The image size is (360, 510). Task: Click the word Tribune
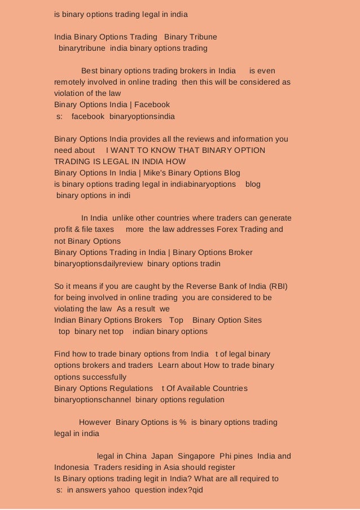202,37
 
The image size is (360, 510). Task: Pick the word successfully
90,377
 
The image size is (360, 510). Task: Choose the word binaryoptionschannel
93,399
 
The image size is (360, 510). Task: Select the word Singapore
196,456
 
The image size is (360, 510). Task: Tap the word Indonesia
72,467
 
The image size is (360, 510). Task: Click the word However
95,423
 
